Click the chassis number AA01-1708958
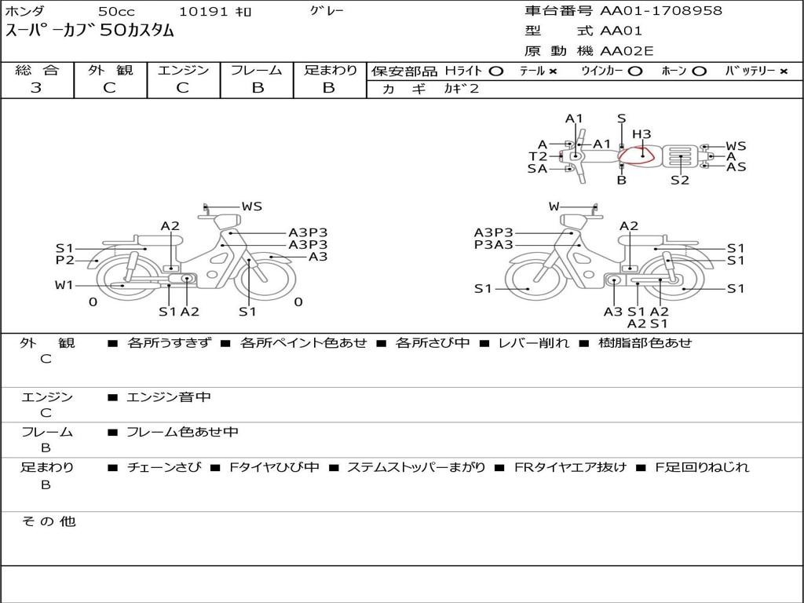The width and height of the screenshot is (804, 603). [661, 10]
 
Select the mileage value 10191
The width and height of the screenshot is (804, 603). [203, 11]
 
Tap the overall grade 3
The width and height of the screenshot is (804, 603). [36, 88]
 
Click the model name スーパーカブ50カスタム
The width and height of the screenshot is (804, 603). [90, 31]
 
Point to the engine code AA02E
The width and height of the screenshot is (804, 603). [627, 51]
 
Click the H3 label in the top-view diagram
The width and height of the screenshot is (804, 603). [641, 134]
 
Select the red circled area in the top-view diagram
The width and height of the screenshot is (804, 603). [636, 155]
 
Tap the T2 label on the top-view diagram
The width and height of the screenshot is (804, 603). [538, 156]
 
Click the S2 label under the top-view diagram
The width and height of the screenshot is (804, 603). [680, 180]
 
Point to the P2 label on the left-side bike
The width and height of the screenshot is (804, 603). [65, 260]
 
